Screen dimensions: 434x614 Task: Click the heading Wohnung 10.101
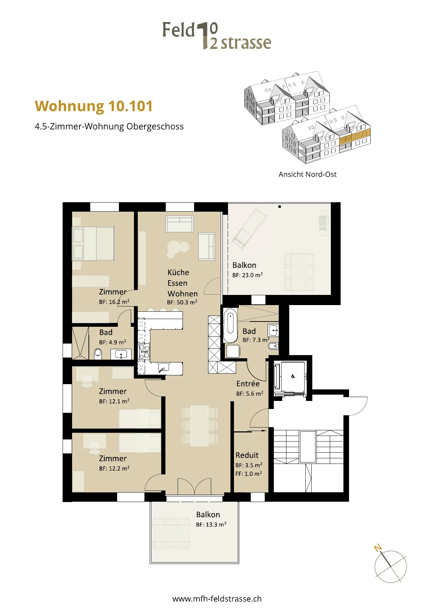click(x=94, y=106)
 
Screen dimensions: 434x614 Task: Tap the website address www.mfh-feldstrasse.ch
click(x=217, y=599)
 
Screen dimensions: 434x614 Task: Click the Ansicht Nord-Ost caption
click(x=307, y=174)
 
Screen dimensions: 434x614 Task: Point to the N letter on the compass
click(x=378, y=548)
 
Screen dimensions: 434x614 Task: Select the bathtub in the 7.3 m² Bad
click(x=230, y=326)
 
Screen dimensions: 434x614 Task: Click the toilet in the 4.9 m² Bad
click(x=98, y=353)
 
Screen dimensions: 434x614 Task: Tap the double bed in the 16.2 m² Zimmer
click(x=93, y=244)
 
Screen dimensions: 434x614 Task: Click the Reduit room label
click(x=247, y=455)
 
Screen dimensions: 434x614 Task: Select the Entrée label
click(x=248, y=383)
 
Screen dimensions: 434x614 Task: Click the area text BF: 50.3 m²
click(x=182, y=302)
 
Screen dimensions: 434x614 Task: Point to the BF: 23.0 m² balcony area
click(x=248, y=275)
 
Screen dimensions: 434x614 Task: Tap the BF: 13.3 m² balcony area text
click(x=211, y=524)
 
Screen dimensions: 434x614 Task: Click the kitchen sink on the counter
click(x=163, y=368)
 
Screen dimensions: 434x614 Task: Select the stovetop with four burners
click(x=144, y=352)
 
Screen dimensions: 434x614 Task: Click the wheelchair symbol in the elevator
click(x=293, y=376)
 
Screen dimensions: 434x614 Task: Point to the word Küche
click(x=178, y=272)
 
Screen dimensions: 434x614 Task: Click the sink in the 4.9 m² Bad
click(x=121, y=354)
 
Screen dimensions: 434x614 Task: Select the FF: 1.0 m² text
click(x=249, y=474)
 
